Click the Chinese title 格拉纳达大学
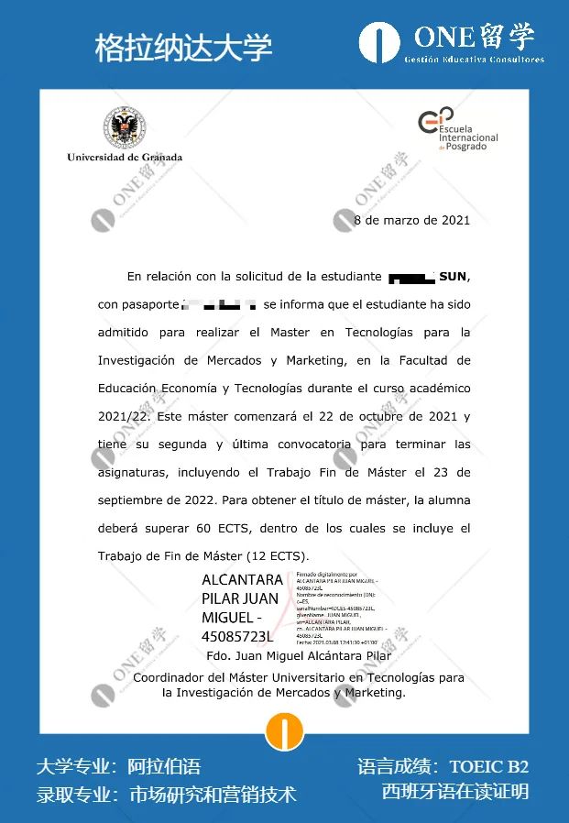click(x=183, y=48)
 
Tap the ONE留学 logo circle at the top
click(x=380, y=43)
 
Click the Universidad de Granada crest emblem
click(x=125, y=127)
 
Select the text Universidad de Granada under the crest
click(x=125, y=157)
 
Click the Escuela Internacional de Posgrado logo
click(x=457, y=128)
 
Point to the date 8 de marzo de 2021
click(x=411, y=220)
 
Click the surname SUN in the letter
click(x=454, y=276)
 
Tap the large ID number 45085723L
click(x=237, y=635)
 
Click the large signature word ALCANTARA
click(x=242, y=580)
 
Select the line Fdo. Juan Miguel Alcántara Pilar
click(x=299, y=655)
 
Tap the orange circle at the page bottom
click(x=284, y=731)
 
